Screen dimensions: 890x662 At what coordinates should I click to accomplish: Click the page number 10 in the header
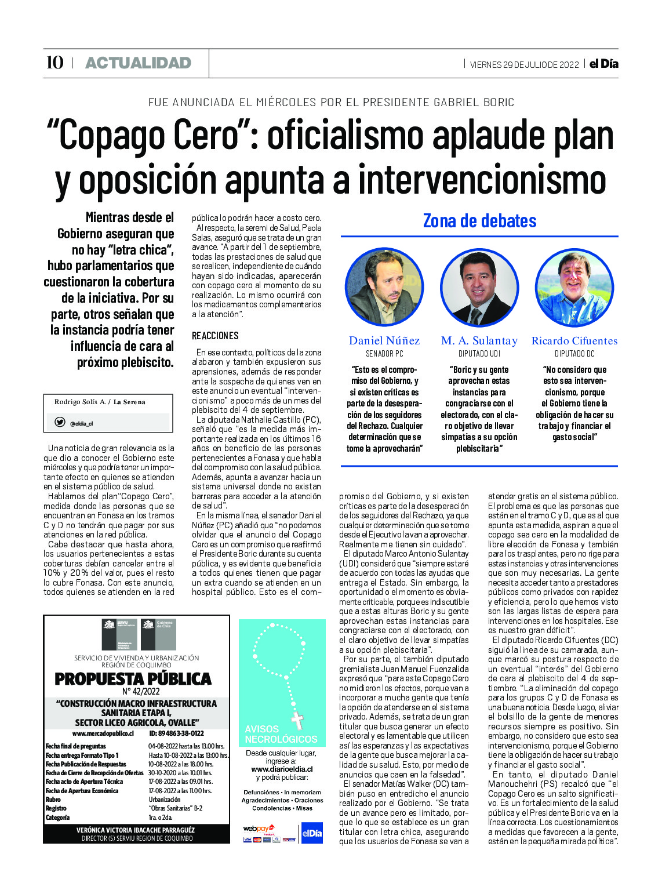(54, 63)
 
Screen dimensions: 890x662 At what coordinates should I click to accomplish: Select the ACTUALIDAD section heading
(138, 63)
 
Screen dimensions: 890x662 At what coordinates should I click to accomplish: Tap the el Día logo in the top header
(603, 64)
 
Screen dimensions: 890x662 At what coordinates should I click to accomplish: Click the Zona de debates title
(479, 221)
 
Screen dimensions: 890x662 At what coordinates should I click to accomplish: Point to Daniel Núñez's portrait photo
(384, 286)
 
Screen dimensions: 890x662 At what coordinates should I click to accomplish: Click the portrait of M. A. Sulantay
(479, 286)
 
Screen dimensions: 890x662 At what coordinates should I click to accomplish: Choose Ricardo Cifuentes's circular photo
(574, 286)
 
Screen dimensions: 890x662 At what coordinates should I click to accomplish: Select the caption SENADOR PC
(384, 354)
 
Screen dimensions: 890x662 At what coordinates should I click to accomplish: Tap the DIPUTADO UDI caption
(479, 354)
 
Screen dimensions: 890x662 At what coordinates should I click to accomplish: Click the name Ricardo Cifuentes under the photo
(574, 341)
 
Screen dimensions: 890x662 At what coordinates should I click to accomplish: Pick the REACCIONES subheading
(215, 336)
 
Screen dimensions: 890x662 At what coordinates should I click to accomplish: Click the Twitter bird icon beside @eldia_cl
(60, 422)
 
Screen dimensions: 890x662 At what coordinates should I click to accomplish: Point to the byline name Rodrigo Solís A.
(80, 402)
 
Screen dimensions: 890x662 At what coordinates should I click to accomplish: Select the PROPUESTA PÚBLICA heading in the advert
(133, 678)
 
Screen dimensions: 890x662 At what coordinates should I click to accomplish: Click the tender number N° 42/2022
(141, 691)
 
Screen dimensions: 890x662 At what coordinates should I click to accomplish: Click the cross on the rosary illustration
(297, 720)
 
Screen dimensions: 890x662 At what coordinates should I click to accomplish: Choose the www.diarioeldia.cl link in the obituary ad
(282, 769)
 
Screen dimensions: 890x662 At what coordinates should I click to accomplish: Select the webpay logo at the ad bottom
(259, 829)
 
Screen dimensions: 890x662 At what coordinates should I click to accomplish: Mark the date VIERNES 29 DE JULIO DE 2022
(524, 64)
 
